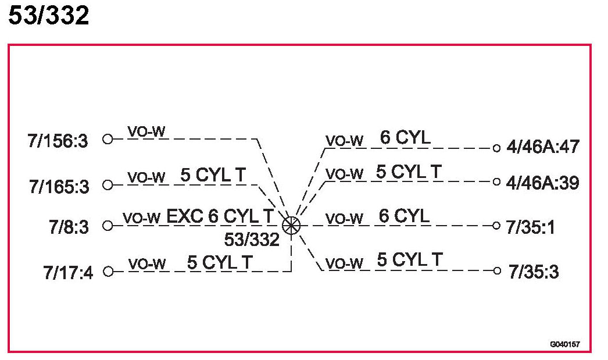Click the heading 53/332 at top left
tap(48, 16)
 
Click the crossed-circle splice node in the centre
tap(291, 225)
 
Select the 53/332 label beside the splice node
tap(252, 239)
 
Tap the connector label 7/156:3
tap(58, 141)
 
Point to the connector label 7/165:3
tap(59, 187)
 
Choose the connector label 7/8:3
tap(69, 226)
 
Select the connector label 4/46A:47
tap(543, 147)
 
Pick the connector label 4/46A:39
tap(543, 183)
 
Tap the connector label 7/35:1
tap(530, 227)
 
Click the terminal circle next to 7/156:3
tap(107, 140)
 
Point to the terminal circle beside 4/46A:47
tap(496, 148)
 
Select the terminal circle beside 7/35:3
tap(496, 270)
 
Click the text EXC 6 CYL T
tap(220, 216)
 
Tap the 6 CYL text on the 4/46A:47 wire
tap(405, 138)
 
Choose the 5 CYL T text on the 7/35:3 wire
tap(410, 260)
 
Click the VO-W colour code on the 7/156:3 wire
tap(147, 132)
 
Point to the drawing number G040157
tap(565, 344)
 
